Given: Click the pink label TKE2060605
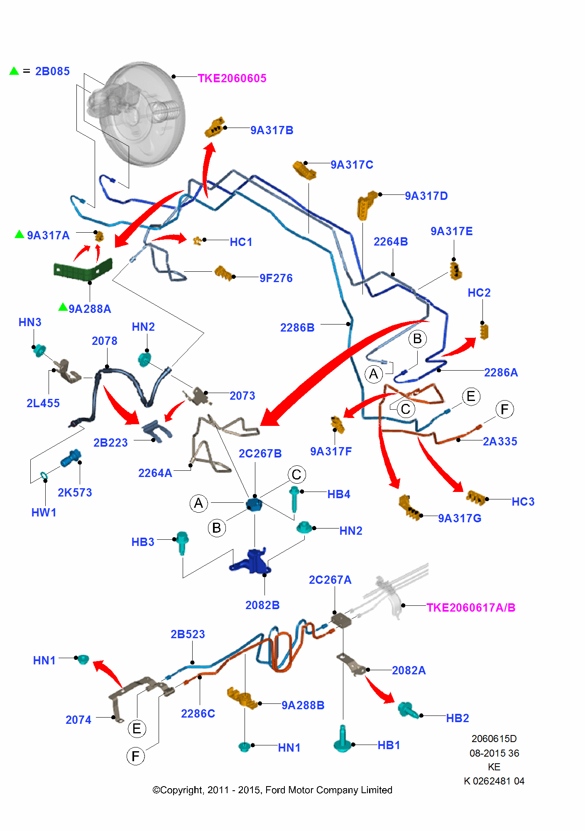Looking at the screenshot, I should click(x=232, y=78).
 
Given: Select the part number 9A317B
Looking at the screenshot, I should click(x=272, y=130).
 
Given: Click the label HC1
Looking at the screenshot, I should click(x=241, y=242).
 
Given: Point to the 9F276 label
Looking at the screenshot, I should click(x=276, y=278).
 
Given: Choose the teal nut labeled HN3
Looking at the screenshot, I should click(x=39, y=350).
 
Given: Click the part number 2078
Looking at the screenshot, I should click(x=104, y=341).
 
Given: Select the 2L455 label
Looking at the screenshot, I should click(x=43, y=403).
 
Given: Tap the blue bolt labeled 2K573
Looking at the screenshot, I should click(x=71, y=458).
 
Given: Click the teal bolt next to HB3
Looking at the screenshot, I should click(x=182, y=542).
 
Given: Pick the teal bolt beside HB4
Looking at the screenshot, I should click(x=294, y=499).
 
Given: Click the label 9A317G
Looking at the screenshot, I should click(x=460, y=518).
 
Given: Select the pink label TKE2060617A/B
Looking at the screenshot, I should click(x=471, y=607).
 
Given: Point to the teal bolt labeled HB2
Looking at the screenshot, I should click(x=408, y=710).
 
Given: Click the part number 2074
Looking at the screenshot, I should click(x=78, y=720).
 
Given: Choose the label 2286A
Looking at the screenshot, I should click(x=501, y=372).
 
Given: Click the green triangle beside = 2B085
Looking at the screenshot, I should click(x=14, y=71).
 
